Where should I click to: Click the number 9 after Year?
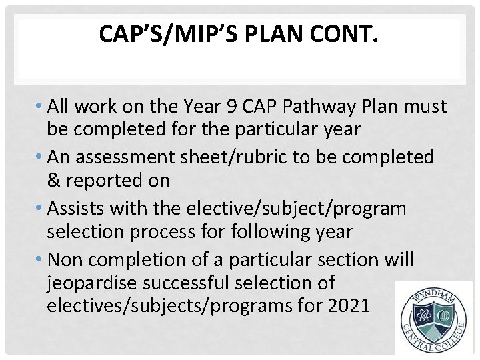237,107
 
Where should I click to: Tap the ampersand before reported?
53,181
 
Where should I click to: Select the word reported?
101,181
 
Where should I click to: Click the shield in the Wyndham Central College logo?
433,319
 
